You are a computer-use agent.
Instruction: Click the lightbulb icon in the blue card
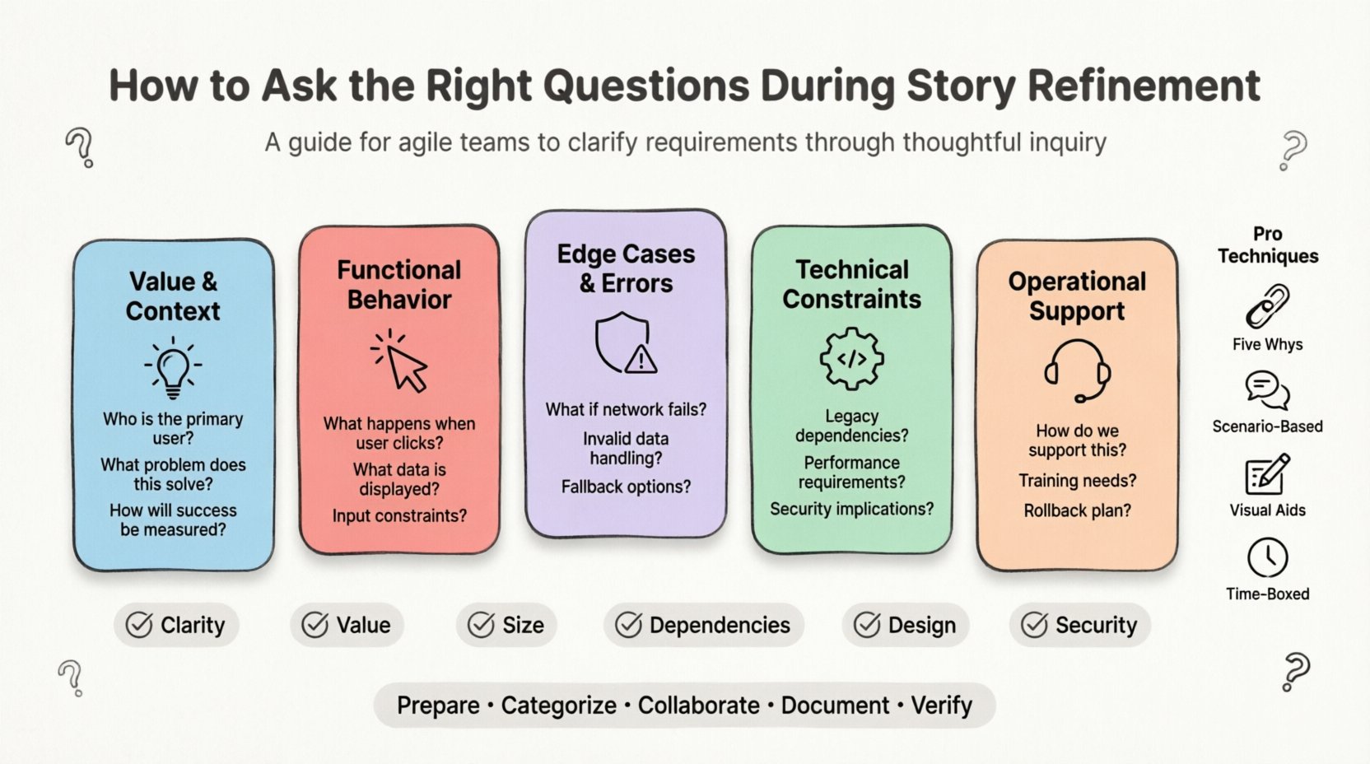click(x=173, y=368)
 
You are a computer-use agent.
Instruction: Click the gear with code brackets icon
click(x=851, y=359)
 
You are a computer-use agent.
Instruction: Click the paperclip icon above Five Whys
click(x=1267, y=305)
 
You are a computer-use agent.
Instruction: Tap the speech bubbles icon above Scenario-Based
click(x=1267, y=390)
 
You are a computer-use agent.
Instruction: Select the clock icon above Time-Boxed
click(x=1267, y=557)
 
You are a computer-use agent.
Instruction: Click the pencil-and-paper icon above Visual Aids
click(x=1267, y=474)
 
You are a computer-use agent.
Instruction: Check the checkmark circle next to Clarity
click(x=139, y=625)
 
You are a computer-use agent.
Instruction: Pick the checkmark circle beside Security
click(x=1034, y=625)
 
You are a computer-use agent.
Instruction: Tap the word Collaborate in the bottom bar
click(x=698, y=706)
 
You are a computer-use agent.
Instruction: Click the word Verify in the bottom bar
click(x=941, y=706)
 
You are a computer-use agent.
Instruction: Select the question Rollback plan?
click(x=1077, y=510)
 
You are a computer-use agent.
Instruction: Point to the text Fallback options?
click(x=626, y=487)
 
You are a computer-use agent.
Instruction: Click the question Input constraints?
click(x=399, y=515)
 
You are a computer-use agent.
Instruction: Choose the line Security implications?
click(x=851, y=509)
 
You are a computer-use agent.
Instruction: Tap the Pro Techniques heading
click(x=1267, y=245)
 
